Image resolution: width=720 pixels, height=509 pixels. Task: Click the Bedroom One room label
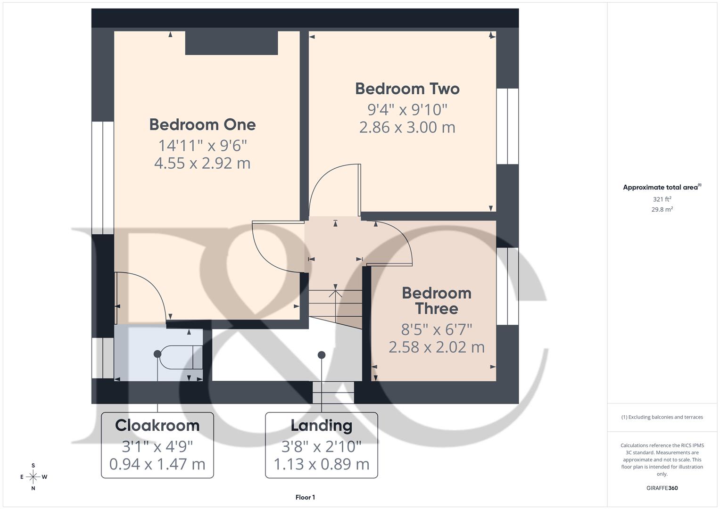tap(202, 124)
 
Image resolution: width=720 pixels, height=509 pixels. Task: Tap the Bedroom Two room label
tap(407, 89)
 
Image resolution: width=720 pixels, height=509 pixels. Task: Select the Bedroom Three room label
tap(436, 301)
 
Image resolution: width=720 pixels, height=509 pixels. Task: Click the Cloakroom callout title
tap(157, 425)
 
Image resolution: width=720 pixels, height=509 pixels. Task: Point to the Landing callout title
tap(321, 425)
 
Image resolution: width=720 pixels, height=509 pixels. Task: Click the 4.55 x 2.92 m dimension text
tap(202, 163)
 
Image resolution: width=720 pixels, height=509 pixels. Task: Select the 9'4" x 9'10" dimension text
tap(407, 109)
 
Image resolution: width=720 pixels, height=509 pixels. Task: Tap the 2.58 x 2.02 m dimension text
tap(436, 347)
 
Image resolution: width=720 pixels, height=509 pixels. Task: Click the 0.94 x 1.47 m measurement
tap(157, 464)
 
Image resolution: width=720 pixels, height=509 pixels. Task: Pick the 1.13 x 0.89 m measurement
tap(321, 464)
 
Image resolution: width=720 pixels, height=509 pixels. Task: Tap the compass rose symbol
tap(33, 477)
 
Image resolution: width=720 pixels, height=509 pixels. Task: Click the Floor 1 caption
tap(305, 497)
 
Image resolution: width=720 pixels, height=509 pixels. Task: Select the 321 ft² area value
tap(662, 199)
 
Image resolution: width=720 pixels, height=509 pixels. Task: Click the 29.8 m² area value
tap(662, 210)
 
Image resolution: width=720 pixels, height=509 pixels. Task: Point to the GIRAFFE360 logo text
tap(662, 488)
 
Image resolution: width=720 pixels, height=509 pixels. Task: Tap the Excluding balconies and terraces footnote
tap(662, 417)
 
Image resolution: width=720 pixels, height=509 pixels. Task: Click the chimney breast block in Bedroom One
tap(231, 43)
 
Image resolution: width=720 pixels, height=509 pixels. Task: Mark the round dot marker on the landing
tap(322, 355)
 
